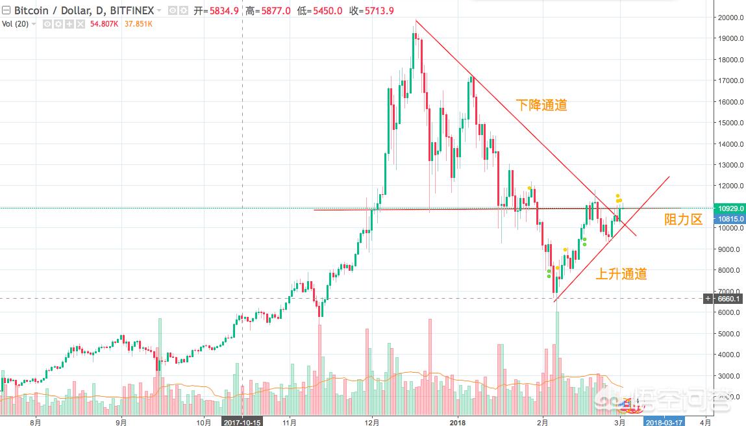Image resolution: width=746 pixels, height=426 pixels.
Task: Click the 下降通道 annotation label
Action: coord(541,105)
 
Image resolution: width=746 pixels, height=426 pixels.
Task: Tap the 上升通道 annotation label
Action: coord(621,274)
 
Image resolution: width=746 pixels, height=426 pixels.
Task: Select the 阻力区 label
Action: coord(684,219)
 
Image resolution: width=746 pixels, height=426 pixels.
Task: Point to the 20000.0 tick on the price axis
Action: coord(727,18)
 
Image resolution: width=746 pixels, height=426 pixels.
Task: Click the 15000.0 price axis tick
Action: coord(727,123)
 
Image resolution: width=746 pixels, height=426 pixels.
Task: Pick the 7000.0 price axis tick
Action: coord(727,292)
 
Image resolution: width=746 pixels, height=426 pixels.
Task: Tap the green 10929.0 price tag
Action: coord(730,208)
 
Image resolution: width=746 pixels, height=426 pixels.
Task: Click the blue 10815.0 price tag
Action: coord(730,220)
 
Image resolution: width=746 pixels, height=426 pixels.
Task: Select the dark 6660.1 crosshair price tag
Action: coord(730,298)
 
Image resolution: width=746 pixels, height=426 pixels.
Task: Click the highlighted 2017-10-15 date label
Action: coord(242,421)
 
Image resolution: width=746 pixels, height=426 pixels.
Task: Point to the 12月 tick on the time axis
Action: coord(371,421)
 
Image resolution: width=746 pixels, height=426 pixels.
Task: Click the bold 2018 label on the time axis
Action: coord(458,421)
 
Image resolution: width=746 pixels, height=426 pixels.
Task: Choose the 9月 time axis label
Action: coord(121,421)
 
